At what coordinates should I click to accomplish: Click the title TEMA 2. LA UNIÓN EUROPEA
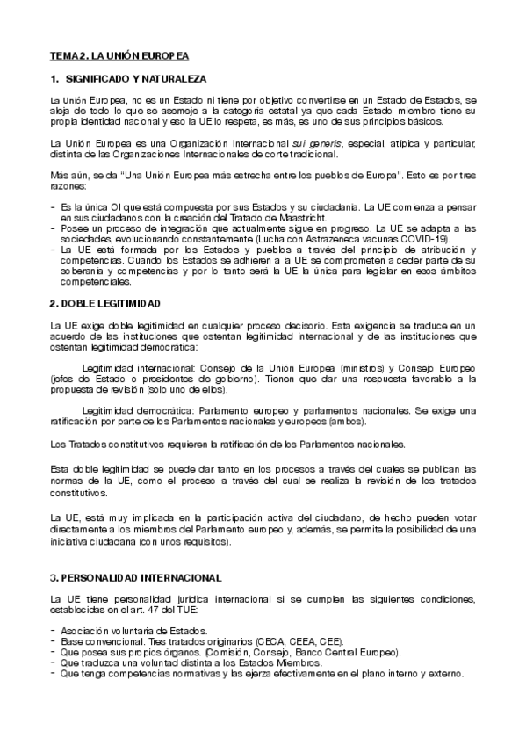pyautogui.click(x=119, y=55)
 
